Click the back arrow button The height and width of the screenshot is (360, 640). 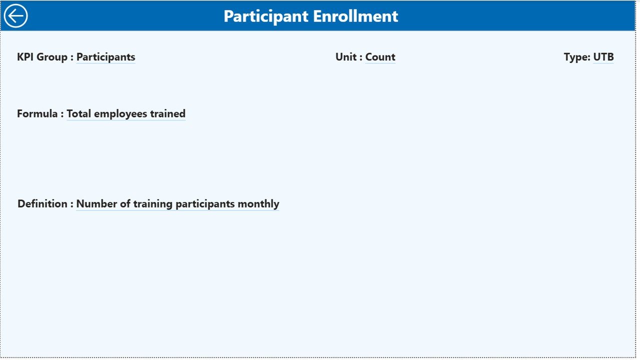16,16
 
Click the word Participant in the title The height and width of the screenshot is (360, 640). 266,16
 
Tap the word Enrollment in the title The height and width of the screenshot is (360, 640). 356,16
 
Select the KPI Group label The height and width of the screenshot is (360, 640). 42,57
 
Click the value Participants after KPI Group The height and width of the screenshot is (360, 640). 106,57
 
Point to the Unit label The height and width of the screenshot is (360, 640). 346,57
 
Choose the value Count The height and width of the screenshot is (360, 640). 380,57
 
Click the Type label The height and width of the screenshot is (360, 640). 576,57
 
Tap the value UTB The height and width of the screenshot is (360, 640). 603,57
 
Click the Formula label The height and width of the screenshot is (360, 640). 37,113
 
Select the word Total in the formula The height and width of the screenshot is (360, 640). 79,113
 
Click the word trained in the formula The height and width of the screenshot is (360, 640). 168,113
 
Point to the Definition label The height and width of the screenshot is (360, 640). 42,204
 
